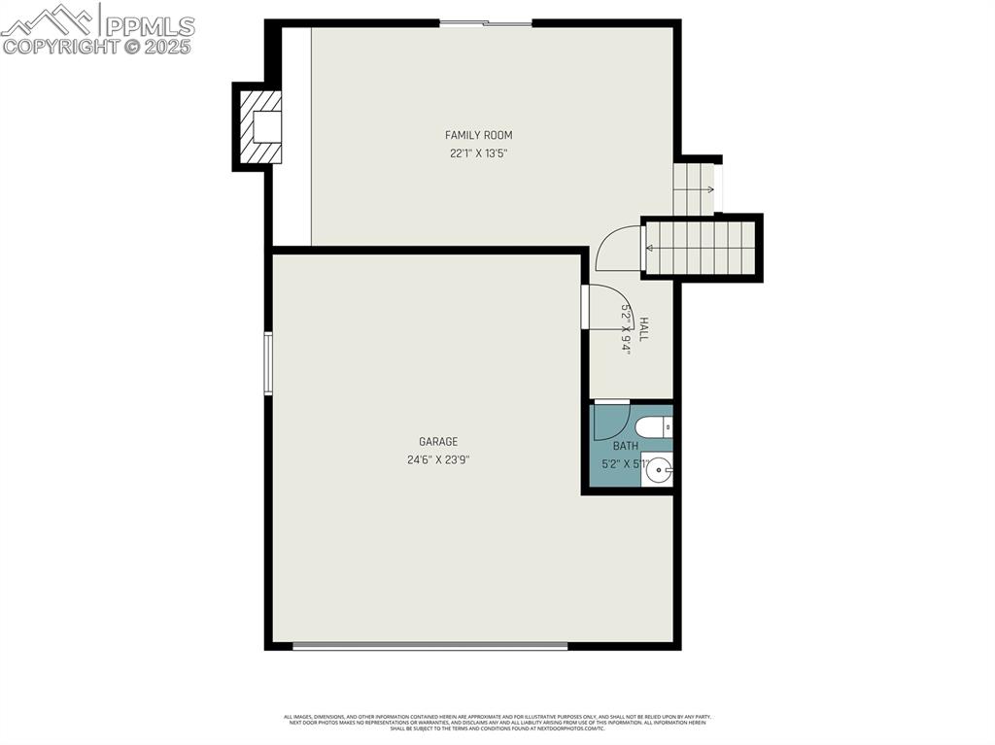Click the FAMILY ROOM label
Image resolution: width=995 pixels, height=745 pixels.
[x=478, y=135]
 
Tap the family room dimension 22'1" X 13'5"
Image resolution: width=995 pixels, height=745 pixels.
[x=478, y=152]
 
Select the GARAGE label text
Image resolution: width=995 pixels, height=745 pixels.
[x=438, y=442]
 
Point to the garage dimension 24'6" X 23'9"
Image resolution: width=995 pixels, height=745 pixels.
[x=438, y=460]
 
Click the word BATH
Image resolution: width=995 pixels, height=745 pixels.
[x=625, y=446]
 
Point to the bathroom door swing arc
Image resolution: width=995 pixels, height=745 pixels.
[x=610, y=422]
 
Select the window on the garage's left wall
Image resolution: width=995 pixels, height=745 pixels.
[x=268, y=363]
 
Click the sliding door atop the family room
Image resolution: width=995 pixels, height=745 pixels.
[x=486, y=22]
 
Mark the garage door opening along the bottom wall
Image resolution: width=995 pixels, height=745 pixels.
[x=429, y=645]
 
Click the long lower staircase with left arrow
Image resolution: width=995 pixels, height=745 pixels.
[x=700, y=248]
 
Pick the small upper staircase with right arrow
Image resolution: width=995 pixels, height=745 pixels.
[x=694, y=189]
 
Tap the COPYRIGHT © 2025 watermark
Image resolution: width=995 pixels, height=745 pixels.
[x=97, y=46]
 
